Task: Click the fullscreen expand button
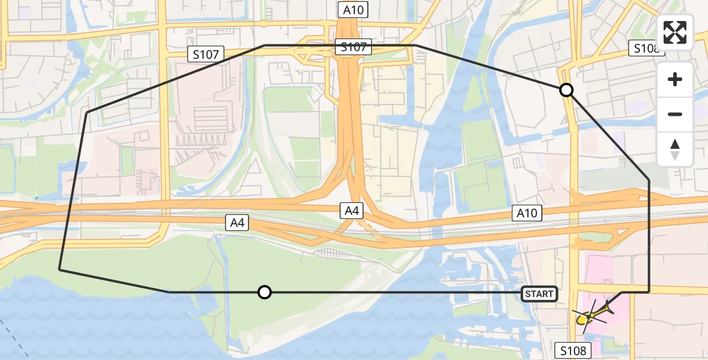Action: pos(675,32)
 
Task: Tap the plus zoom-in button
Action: pos(675,80)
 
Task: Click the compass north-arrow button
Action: pos(675,149)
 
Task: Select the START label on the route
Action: pos(539,294)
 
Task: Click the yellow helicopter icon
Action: pos(592,314)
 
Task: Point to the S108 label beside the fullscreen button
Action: pos(645,49)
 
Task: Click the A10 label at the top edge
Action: pos(353,10)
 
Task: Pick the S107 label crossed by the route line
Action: pos(353,47)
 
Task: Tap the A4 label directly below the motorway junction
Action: pos(352,211)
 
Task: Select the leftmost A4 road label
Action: pos(238,223)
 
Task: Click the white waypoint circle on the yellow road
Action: pos(566,91)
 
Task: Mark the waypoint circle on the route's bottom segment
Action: pos(264,292)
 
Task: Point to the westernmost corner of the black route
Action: pos(59,269)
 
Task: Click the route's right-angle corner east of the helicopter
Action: pos(649,292)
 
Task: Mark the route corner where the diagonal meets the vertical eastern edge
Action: pos(649,179)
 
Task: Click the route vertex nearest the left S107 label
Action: pos(264,46)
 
